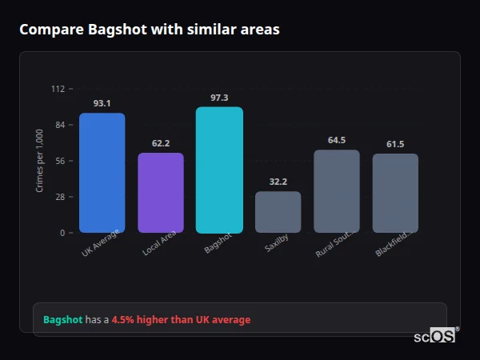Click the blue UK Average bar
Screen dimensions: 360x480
[102, 173]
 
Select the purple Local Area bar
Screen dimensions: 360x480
[161, 193]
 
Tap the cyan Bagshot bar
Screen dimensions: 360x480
[219, 170]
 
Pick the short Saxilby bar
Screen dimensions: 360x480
[278, 212]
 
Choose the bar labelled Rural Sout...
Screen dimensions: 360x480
[337, 191]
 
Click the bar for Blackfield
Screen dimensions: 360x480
[395, 193]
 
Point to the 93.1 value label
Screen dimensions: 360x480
[102, 103]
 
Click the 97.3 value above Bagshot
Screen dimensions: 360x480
[219, 98]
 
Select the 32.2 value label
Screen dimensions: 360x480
[278, 182]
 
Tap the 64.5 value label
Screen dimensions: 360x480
[337, 140]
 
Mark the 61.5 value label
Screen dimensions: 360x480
[395, 144]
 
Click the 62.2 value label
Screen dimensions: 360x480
[161, 143]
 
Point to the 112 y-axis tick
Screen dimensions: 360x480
[58, 89]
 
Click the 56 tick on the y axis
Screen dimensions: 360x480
[59, 161]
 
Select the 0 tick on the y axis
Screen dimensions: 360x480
[62, 233]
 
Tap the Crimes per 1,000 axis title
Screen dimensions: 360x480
[40, 161]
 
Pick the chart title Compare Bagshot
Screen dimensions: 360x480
[150, 30]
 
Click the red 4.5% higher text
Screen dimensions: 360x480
[181, 320]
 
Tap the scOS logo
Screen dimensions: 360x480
[435, 336]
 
